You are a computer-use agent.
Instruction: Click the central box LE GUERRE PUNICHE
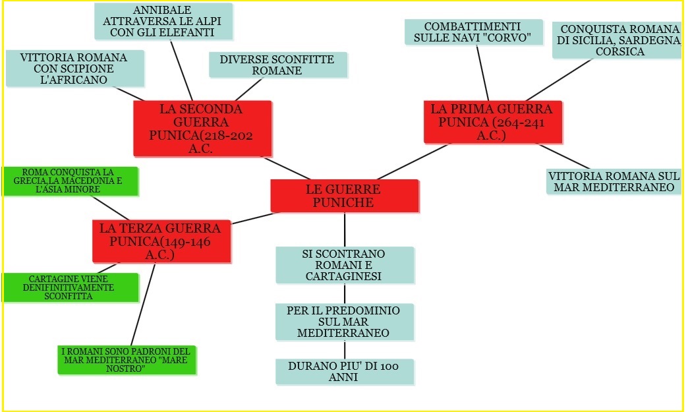(344, 196)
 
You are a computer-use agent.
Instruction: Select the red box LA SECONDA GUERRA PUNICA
(202, 128)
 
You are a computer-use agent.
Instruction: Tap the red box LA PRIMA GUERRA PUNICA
(492, 121)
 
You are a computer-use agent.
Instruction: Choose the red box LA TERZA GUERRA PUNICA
(161, 241)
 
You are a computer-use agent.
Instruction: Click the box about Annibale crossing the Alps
(163, 21)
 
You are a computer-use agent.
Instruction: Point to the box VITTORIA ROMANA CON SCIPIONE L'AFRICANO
(74, 69)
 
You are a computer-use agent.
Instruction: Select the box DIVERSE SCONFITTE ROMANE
(277, 65)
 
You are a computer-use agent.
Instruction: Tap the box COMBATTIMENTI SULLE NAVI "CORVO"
(473, 32)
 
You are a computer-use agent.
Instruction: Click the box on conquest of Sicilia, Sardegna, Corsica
(617, 40)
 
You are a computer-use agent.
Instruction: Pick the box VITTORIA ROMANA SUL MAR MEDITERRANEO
(613, 181)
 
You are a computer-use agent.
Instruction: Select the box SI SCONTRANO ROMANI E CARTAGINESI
(344, 264)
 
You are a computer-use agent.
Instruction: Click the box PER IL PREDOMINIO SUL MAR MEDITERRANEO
(344, 322)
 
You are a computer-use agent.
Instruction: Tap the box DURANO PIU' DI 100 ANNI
(344, 371)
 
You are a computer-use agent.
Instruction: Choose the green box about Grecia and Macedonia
(70, 181)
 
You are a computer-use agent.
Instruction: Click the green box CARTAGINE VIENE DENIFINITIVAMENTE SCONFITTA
(70, 287)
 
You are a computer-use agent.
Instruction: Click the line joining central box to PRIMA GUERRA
(412, 162)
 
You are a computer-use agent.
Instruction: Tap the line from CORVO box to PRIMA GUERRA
(482, 73)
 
